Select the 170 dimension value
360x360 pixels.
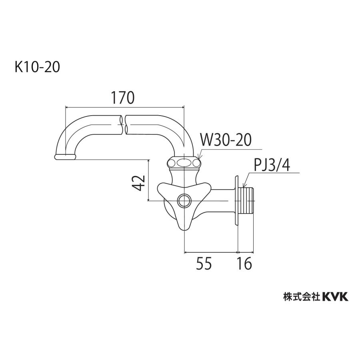[123, 97]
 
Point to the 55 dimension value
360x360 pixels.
[204, 264]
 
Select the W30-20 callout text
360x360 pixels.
[225, 140]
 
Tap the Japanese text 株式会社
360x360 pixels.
[301, 296]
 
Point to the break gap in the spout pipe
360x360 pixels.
[123, 125]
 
